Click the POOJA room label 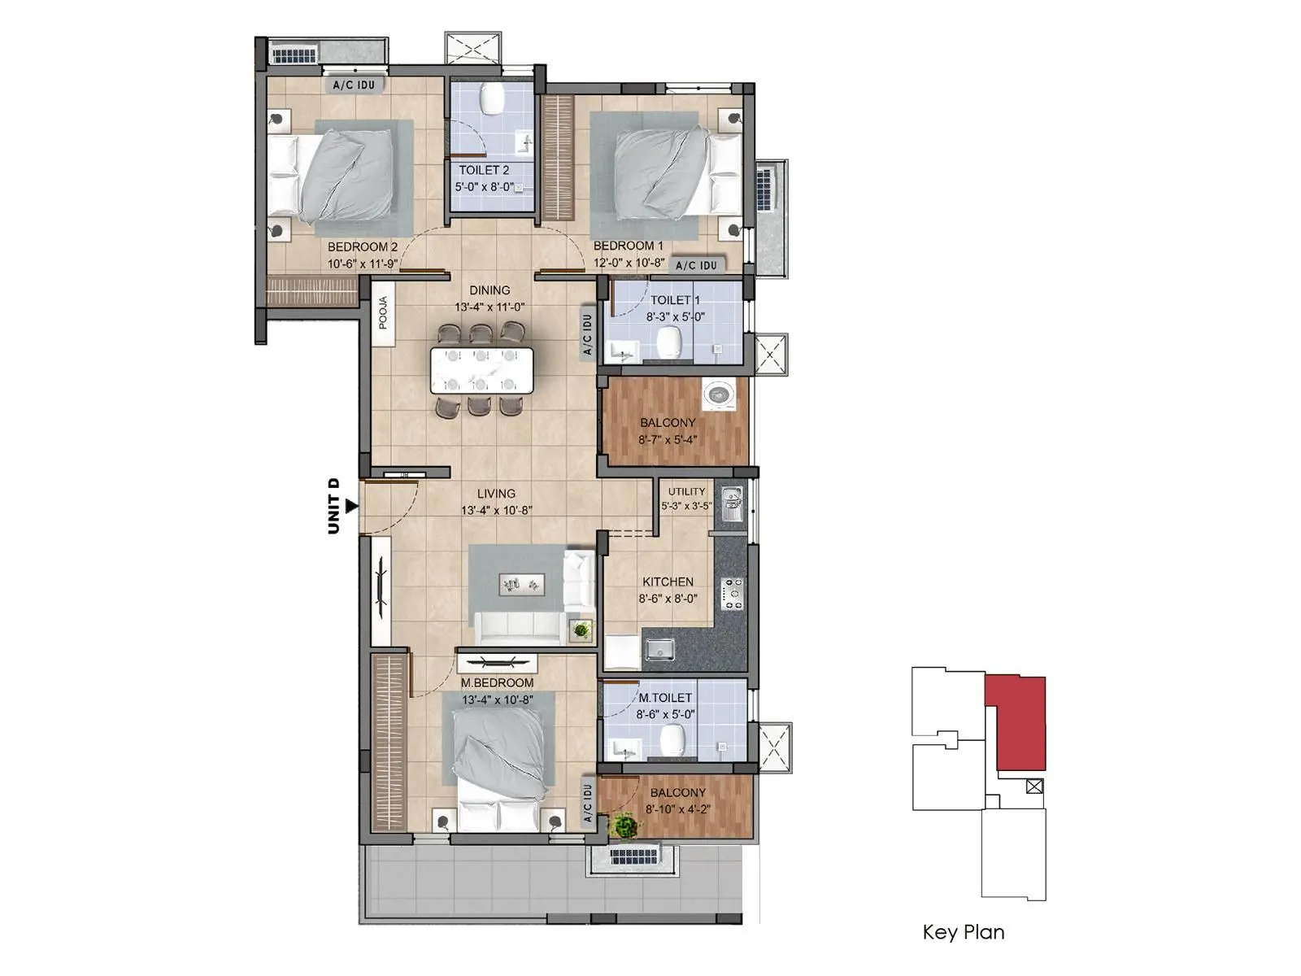(383, 313)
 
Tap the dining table (481, 371)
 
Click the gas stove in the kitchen (733, 594)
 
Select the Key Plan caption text (964, 932)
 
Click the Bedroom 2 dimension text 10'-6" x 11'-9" (363, 264)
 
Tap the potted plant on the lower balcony (624, 826)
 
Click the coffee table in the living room (521, 582)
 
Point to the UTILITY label (686, 491)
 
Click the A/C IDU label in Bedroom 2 (354, 85)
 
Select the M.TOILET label (665, 698)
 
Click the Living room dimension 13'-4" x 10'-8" (496, 511)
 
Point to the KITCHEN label (668, 582)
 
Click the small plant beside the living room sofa (581, 629)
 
